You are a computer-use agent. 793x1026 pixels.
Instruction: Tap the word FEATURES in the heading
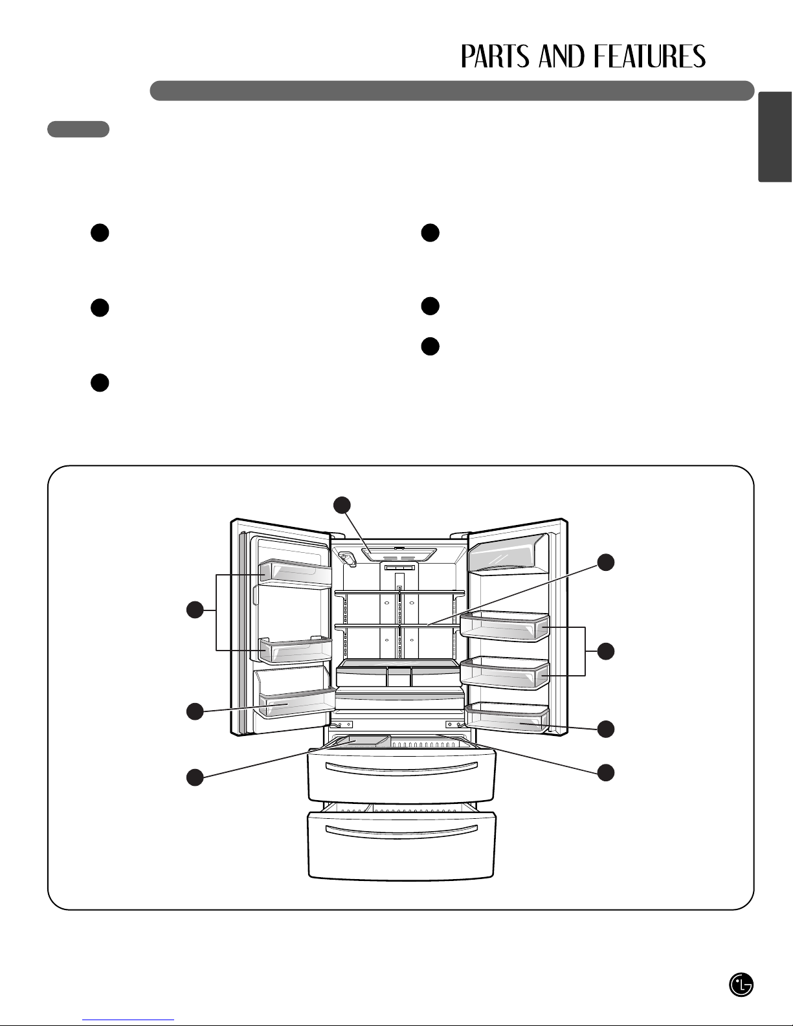pos(649,57)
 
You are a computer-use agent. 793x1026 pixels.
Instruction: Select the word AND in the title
pos(563,57)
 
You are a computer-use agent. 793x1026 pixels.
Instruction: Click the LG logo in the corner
pos(741,985)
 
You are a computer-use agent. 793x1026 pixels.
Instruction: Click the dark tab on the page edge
pos(775,137)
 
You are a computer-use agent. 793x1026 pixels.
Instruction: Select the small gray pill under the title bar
pos(78,129)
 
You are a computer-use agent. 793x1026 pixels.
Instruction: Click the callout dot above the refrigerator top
pos(342,505)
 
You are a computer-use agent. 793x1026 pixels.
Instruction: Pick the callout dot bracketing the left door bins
pos(195,610)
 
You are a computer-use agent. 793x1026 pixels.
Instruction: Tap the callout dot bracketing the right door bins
pos(606,651)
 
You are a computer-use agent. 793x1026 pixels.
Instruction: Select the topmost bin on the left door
pos(295,573)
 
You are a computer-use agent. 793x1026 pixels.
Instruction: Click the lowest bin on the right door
pos(506,718)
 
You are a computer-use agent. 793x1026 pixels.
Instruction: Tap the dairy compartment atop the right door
pos(508,554)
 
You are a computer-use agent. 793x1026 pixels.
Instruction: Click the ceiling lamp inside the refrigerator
pos(399,554)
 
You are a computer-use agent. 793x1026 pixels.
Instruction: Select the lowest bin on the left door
pos(296,703)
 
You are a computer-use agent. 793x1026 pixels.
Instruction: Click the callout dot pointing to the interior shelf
pos(606,563)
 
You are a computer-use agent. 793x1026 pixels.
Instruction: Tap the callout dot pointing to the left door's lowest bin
pos(195,711)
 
